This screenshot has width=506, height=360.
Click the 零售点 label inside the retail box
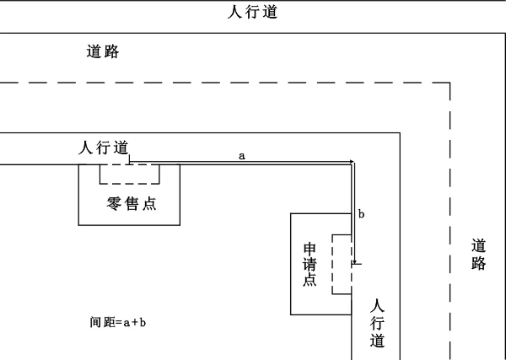(x=132, y=204)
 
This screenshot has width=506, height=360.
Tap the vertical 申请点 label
(x=310, y=265)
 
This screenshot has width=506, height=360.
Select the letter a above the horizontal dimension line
(x=242, y=156)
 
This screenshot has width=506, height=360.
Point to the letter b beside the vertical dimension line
(x=362, y=214)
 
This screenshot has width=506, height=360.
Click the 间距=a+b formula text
(x=118, y=322)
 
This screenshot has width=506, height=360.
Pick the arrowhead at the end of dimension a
(x=352, y=162)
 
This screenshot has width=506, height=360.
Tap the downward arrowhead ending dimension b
(x=355, y=261)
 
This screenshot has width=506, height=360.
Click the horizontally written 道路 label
(x=103, y=51)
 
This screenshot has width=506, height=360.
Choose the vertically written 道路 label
(x=478, y=255)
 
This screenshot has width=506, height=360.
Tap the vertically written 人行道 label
(x=377, y=323)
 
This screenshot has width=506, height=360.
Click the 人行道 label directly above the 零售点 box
(x=104, y=148)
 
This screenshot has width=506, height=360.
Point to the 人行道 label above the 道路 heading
(x=253, y=12)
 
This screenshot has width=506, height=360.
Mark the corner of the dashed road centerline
(x=449, y=83)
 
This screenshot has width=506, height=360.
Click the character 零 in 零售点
(x=114, y=204)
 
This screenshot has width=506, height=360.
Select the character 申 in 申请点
(x=310, y=250)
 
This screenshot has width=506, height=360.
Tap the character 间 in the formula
(x=96, y=322)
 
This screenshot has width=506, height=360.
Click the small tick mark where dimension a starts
(x=129, y=159)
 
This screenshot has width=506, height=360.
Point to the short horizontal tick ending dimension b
(x=357, y=264)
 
